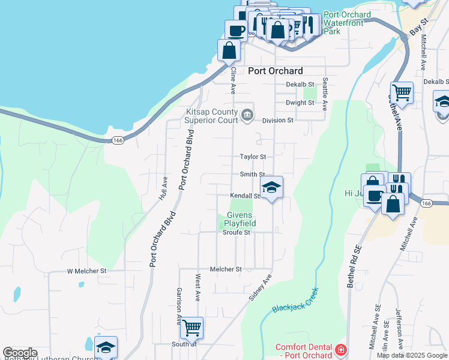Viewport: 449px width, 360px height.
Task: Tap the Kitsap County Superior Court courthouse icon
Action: [247, 115]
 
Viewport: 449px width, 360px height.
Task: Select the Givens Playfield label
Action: [241, 219]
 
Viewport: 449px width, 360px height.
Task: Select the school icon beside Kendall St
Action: [271, 187]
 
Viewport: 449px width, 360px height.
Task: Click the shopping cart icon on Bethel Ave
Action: [402, 93]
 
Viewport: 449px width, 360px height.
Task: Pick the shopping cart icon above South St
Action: [191, 328]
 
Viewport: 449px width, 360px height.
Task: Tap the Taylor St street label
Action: [253, 157]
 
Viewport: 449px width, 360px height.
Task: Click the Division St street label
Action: [277, 120]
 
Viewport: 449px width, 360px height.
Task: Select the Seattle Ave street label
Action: [325, 94]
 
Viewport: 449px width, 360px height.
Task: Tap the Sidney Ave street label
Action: [261, 288]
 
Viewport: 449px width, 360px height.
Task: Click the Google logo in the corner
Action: [20, 353]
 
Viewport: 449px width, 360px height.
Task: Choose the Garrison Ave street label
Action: [178, 305]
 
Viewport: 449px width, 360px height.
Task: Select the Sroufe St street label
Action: [236, 233]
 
